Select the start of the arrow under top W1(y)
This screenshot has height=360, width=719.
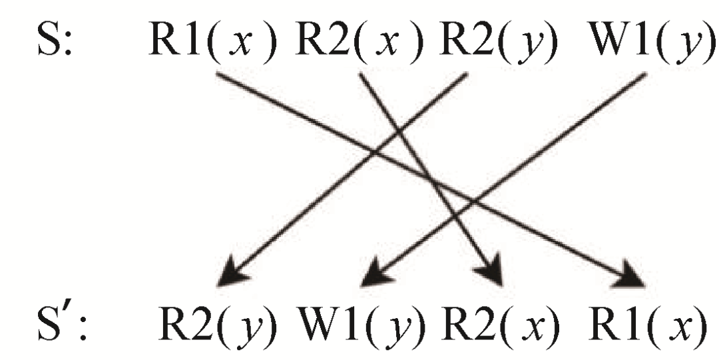point(643,75)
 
